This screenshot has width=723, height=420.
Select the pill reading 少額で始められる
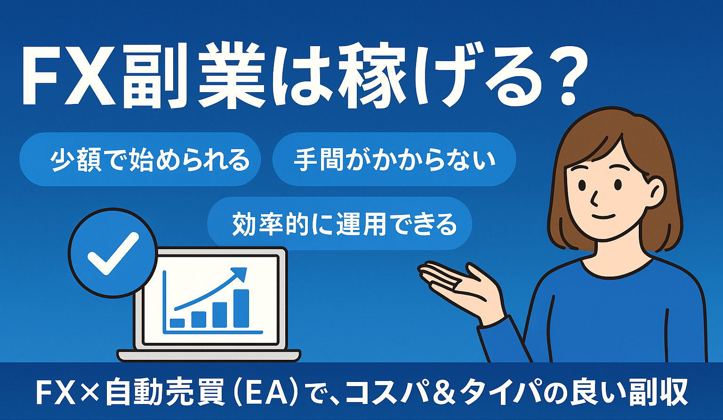[x=140, y=159]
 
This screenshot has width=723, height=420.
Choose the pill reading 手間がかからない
[x=394, y=159]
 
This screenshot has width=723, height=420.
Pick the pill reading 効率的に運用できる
[x=339, y=224]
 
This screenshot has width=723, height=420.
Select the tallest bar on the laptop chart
[x=241, y=308]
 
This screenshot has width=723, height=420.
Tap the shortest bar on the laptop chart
[x=177, y=323]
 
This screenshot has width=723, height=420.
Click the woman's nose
[x=594, y=200]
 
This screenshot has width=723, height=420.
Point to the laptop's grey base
[x=209, y=355]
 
